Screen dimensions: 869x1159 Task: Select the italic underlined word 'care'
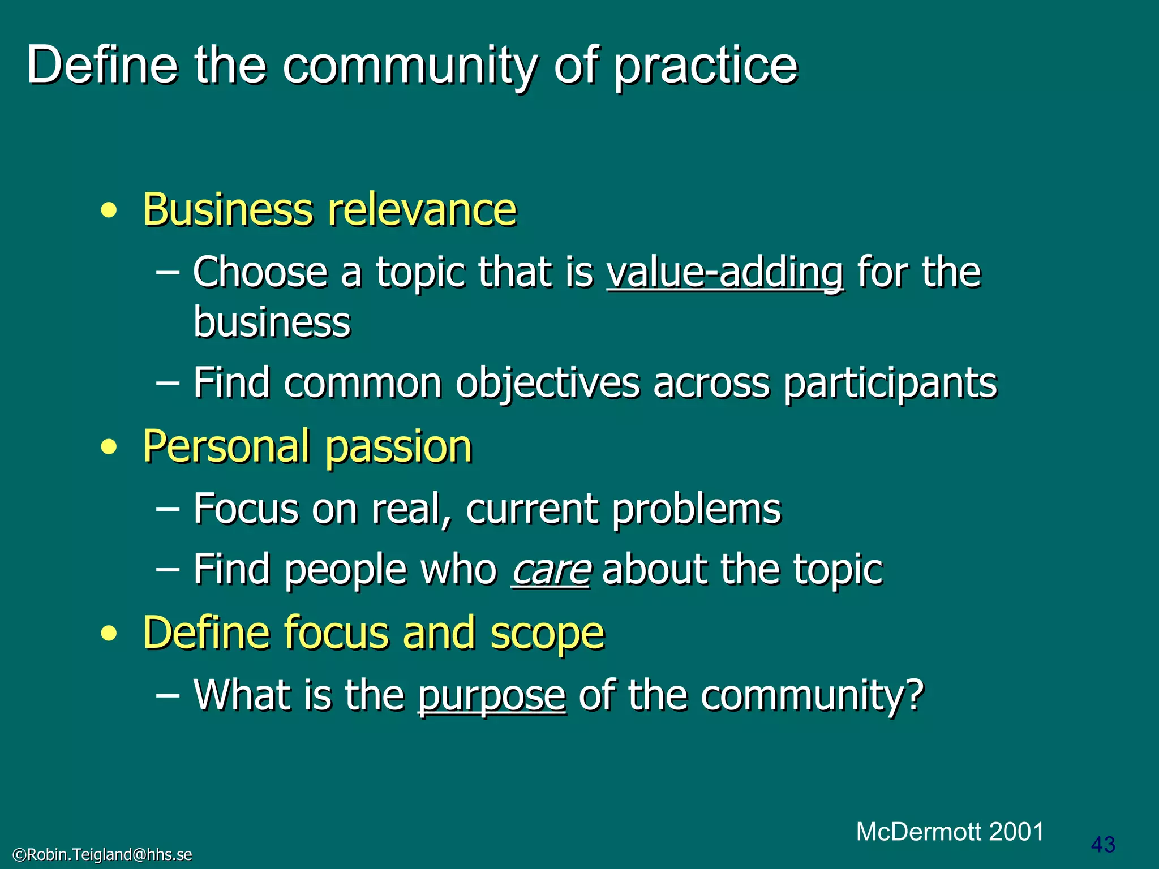(x=551, y=569)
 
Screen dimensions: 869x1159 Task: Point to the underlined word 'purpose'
(x=492, y=695)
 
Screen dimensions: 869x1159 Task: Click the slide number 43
(x=1103, y=845)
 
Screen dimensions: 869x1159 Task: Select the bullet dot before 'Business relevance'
(x=109, y=211)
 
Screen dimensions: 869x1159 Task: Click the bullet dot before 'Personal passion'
(x=109, y=448)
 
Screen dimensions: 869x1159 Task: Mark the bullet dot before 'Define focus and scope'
(x=109, y=634)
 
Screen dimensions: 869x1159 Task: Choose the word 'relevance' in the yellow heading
(x=422, y=209)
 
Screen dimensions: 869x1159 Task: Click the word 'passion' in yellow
(x=398, y=447)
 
